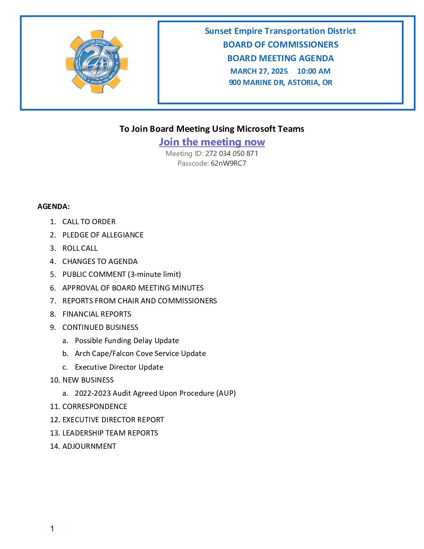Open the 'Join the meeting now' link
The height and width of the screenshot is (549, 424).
click(x=212, y=142)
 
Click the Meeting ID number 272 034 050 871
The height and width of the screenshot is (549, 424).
click(x=231, y=154)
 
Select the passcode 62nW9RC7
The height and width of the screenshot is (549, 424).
click(x=228, y=163)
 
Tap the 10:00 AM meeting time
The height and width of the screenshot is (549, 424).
click(x=314, y=71)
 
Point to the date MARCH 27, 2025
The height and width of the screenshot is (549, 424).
click(x=259, y=71)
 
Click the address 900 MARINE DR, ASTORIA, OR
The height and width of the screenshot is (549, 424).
click(x=280, y=83)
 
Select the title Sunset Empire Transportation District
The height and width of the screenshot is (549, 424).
click(x=280, y=31)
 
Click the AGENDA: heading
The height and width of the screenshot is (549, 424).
click(x=53, y=207)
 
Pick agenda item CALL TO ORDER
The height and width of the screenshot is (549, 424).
click(x=89, y=222)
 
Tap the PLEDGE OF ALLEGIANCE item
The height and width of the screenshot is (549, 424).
click(x=103, y=235)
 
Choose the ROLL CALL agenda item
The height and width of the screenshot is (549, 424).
click(x=80, y=248)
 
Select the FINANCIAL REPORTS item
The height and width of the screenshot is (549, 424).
click(x=97, y=314)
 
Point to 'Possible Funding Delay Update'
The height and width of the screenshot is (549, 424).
click(x=127, y=341)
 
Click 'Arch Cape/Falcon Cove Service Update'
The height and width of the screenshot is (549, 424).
click(x=140, y=354)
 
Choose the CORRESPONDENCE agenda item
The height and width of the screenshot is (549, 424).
click(x=95, y=407)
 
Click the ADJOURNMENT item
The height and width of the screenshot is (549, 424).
click(x=89, y=446)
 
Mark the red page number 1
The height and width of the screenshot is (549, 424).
click(x=52, y=529)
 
